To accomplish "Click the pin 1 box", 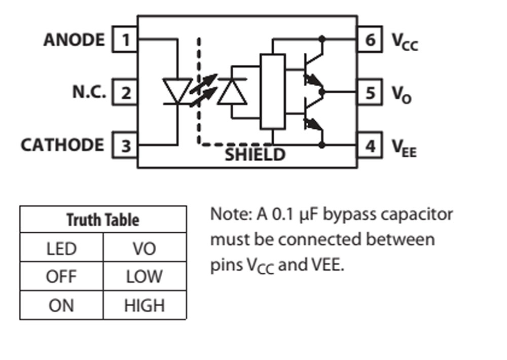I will click(x=125, y=40).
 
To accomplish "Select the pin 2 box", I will click(x=125, y=93).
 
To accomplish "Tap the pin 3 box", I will click(x=125, y=146).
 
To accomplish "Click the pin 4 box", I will click(x=370, y=146).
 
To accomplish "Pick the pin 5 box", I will click(x=370, y=93).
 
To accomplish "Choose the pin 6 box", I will click(x=370, y=40).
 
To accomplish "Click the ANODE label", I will click(x=74, y=40).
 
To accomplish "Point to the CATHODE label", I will click(x=62, y=146).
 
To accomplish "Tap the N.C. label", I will click(x=89, y=93).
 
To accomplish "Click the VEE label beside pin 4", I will click(x=404, y=148).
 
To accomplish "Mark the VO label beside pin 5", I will click(x=402, y=94).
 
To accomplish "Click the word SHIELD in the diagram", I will click(x=255, y=155).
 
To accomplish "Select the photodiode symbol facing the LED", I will click(x=232, y=92).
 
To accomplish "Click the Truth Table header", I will click(x=103, y=220).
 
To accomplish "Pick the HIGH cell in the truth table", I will click(x=144, y=305).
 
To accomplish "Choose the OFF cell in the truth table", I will click(x=61, y=277).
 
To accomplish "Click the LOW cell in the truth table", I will click(x=144, y=277).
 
